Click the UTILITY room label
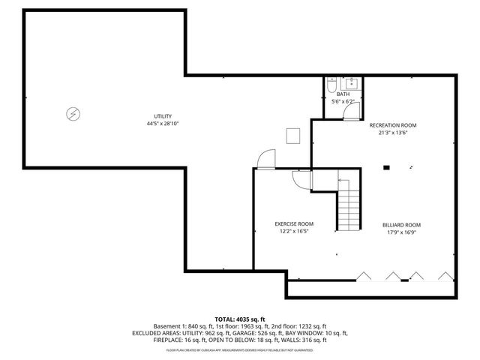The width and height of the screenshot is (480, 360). tap(163, 116)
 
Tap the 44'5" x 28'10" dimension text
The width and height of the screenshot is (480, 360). tap(163, 124)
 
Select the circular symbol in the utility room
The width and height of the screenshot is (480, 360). tap(73, 113)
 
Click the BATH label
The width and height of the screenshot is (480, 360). tap(342, 94)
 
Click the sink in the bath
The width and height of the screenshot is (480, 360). tap(352, 83)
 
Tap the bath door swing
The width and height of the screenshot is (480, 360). tap(349, 111)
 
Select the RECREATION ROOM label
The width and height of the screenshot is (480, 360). tap(392, 125)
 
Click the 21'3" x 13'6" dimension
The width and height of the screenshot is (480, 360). tap(392, 133)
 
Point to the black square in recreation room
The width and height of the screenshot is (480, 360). tap(386, 167)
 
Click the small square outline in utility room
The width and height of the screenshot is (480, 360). tap(292, 135)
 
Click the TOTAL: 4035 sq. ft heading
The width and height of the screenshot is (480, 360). tap(240, 319)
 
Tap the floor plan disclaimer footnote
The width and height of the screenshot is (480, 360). tap(240, 349)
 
